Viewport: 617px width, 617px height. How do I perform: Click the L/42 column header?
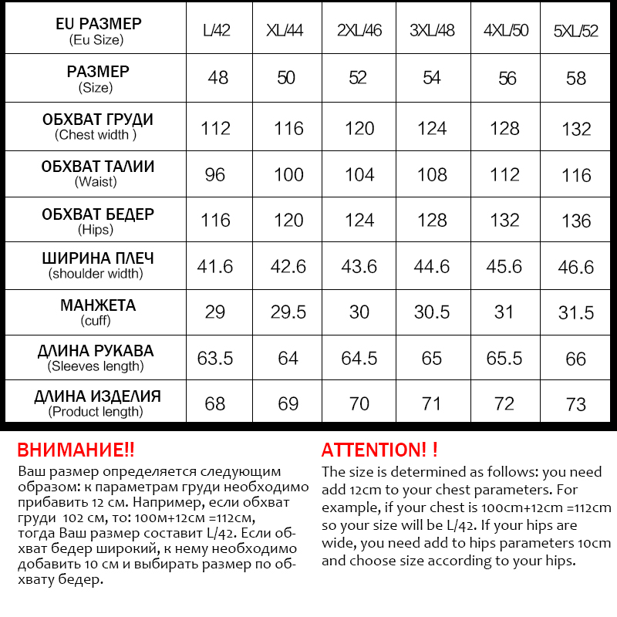[216, 32]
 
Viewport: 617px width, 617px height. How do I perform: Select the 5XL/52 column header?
[576, 32]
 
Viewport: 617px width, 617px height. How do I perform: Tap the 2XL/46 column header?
[359, 32]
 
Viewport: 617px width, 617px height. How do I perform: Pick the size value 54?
[432, 78]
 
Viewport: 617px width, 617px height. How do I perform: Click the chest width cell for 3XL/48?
[432, 128]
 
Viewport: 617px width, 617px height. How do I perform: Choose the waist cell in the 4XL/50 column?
[504, 174]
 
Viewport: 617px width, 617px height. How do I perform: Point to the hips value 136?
[576, 221]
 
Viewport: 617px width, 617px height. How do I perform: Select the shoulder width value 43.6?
[359, 266]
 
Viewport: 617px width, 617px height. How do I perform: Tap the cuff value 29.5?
[288, 312]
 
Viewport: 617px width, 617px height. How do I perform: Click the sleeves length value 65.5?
[504, 359]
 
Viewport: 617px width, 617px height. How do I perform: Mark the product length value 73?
[576, 404]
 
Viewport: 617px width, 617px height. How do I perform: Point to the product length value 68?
[216, 404]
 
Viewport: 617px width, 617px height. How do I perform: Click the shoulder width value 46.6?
[576, 266]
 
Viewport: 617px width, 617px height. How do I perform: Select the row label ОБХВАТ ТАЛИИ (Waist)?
[97, 174]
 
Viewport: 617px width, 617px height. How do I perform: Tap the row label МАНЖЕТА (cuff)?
[97, 312]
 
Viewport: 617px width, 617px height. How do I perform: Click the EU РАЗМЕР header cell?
[97, 31]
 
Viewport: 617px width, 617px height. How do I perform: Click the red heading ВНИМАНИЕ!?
[76, 450]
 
